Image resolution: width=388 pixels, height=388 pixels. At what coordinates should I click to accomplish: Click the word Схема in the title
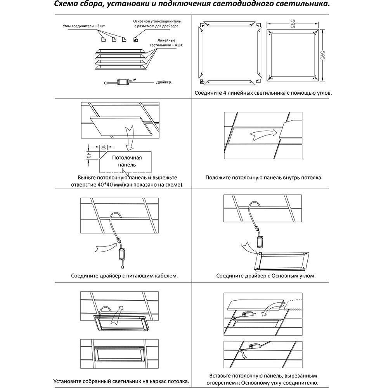[66, 5]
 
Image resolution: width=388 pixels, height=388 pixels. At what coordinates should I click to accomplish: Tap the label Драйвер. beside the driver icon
[164, 82]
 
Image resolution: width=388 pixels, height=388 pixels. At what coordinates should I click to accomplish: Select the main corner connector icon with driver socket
[135, 39]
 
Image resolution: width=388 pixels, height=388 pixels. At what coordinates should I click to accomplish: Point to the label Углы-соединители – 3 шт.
[84, 26]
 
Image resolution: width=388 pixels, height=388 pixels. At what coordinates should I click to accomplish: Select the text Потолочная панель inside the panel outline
[127, 161]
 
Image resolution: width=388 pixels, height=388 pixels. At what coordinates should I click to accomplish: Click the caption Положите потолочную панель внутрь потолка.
[264, 178]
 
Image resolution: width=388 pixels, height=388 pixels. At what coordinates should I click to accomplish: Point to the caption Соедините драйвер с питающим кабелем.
[125, 276]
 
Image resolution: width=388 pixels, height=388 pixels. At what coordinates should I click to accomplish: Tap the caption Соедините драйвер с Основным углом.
[266, 276]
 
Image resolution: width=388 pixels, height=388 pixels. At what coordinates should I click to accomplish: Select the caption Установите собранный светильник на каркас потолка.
[121, 381]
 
